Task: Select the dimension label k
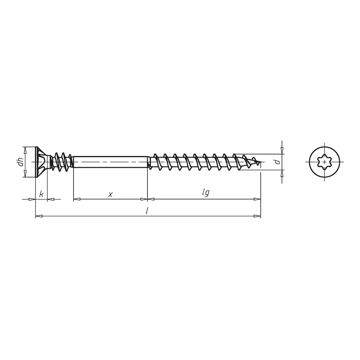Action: (41, 194)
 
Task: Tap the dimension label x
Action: (110, 194)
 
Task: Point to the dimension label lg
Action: (206, 193)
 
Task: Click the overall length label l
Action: (148, 211)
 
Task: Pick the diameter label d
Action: (278, 162)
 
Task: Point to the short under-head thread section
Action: (62, 162)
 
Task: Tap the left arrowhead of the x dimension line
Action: (76, 198)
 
